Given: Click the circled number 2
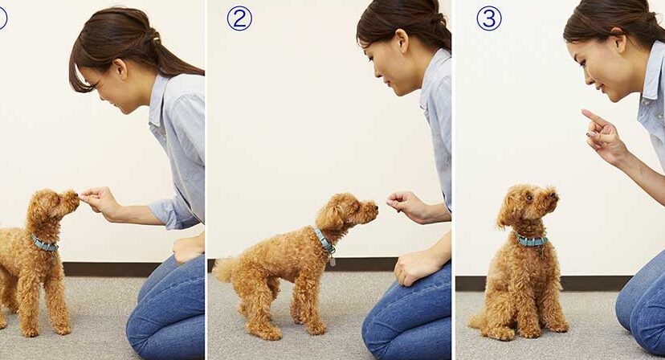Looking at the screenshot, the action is tap(239, 18).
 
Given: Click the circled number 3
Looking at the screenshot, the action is tap(488, 18).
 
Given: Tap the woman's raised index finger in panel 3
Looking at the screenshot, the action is tap(593, 117).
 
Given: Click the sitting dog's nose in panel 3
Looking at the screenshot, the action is tap(553, 196).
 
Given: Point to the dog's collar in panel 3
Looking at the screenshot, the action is tap(532, 241).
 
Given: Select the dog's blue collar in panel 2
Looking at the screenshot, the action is tap(324, 240).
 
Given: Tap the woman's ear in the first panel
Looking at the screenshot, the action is tap(120, 69).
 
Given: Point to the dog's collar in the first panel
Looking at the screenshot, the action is tap(44, 244).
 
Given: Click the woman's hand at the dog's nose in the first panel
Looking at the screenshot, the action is tap(96, 198).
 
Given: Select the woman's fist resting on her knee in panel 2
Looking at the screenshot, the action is tap(410, 268).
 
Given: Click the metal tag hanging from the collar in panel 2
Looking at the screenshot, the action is tap(332, 260).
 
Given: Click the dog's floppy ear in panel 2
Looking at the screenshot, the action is tap(329, 216).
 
